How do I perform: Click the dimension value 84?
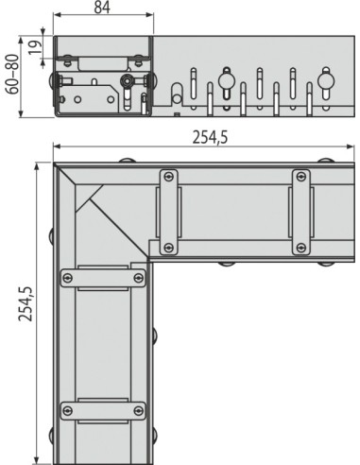[102, 8]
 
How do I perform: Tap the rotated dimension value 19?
[35, 47]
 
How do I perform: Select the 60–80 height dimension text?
[13, 75]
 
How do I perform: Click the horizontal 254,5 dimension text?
[210, 137]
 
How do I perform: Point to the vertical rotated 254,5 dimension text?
[26, 303]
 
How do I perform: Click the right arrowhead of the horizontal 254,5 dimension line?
[351, 146]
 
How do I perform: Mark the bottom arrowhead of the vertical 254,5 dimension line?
[37, 459]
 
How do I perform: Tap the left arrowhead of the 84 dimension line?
[58, 14]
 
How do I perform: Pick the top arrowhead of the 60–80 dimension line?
[21, 42]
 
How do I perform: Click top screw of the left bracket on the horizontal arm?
[169, 177]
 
